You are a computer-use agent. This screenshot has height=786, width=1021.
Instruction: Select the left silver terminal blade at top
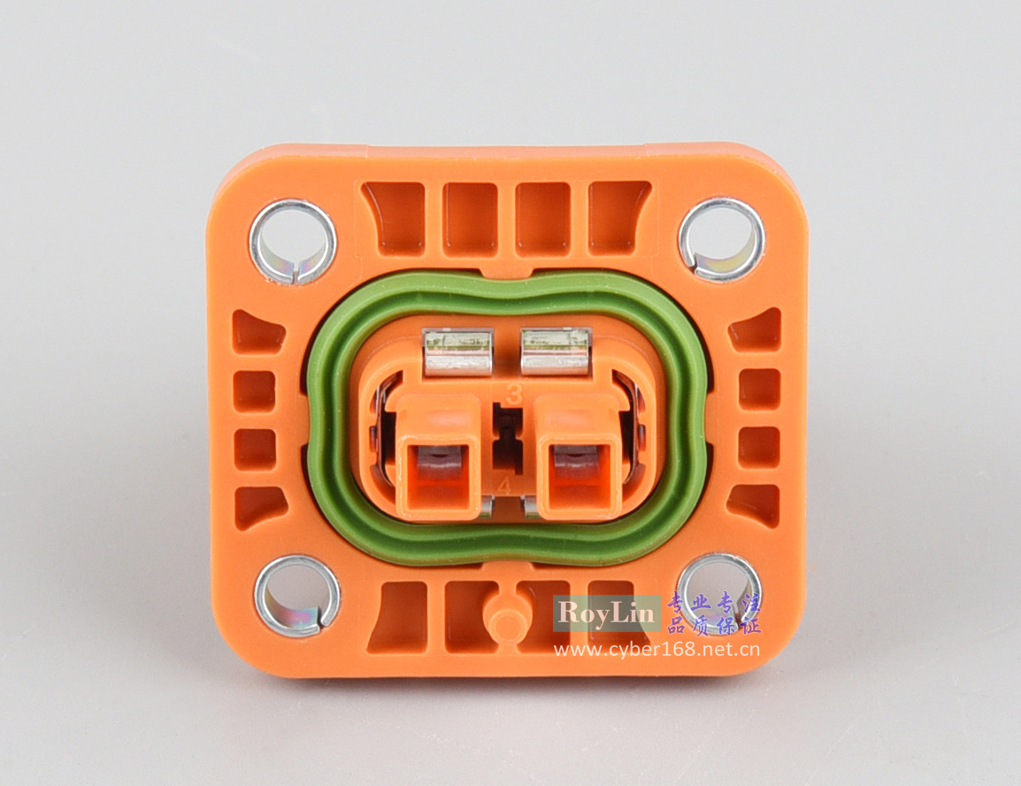point(457,352)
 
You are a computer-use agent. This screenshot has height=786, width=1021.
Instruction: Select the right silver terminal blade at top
point(556,352)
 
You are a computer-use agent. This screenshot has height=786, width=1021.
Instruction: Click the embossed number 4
point(504,486)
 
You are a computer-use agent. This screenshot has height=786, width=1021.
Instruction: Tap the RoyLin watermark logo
point(605,613)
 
